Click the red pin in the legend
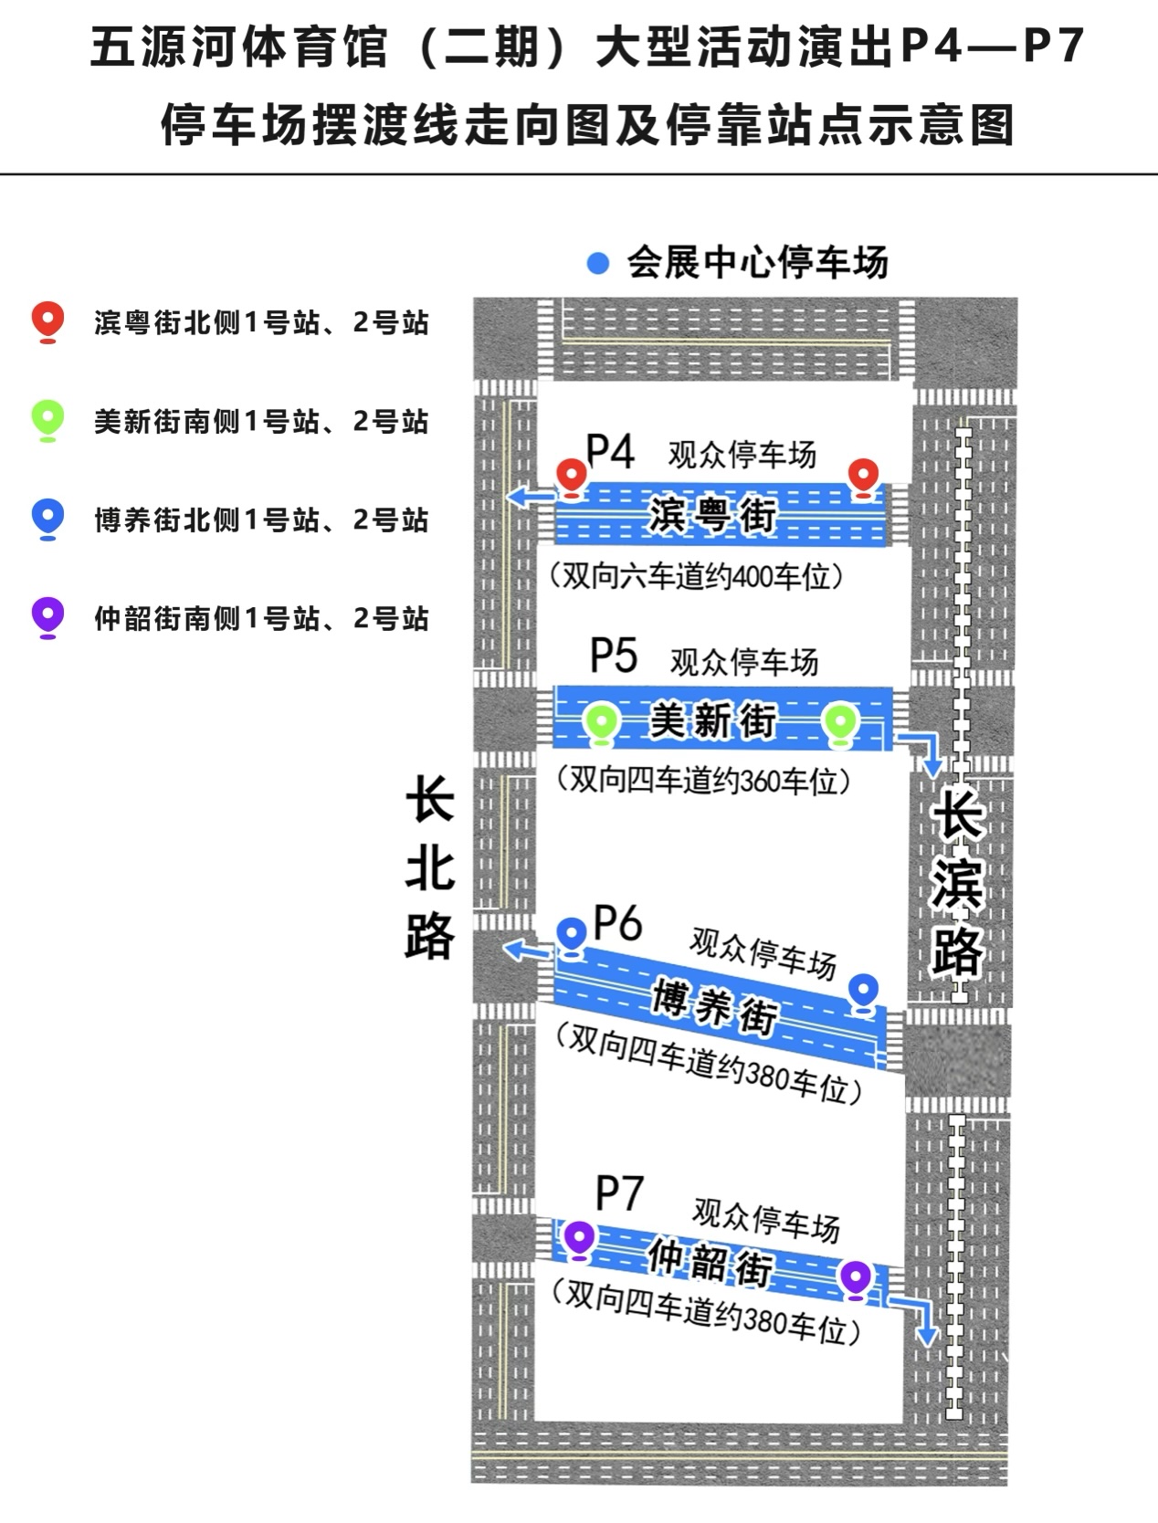coord(47,322)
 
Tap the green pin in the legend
coord(47,421)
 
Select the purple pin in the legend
coord(47,618)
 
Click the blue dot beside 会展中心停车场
coord(598,263)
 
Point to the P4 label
coord(610,452)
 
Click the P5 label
coord(614,655)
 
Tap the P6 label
coord(618,923)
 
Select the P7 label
coord(620,1193)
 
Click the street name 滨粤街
coord(712,515)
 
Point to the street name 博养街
coord(714,1007)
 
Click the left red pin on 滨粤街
coord(572,478)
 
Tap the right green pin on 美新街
coord(840,725)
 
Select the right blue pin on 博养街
coord(864,993)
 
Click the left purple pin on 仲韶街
coord(579,1240)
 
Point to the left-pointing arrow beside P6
coord(528,950)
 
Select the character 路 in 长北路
coord(429,936)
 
